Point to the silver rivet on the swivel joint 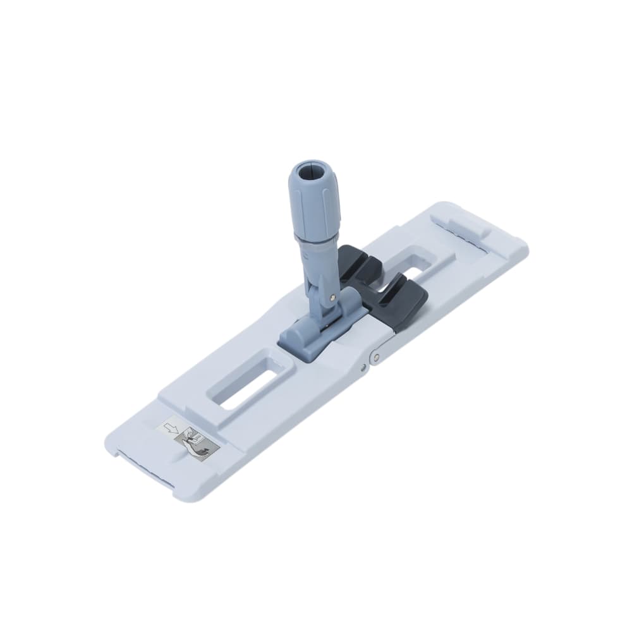click(332, 294)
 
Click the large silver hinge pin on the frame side click(376, 358)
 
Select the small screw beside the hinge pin click(365, 366)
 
